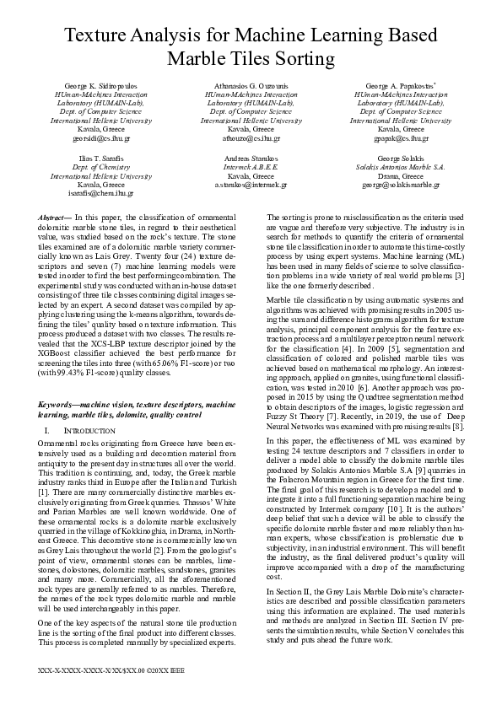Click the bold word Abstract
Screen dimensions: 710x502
(54, 218)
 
